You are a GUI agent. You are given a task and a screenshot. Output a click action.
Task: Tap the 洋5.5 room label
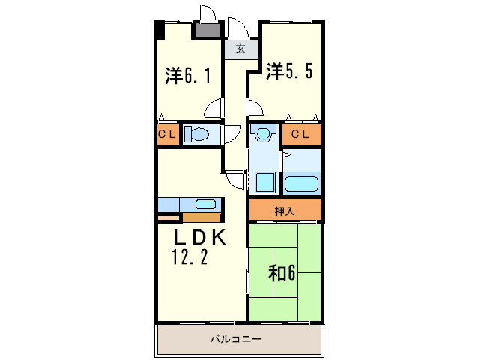pos(288,72)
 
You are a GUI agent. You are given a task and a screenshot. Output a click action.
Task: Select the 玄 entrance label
pos(240,50)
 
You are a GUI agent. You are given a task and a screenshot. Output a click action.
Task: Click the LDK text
pos(199,237)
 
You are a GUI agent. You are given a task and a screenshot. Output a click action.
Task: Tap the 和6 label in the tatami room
pos(282,271)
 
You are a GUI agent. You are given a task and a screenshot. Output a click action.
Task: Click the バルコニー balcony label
pos(235,339)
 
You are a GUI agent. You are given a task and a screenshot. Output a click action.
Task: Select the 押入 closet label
pos(285,211)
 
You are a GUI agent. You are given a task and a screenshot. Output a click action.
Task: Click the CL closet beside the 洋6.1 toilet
pos(167,134)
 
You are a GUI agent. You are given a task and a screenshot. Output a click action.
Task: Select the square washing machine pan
pos(264,182)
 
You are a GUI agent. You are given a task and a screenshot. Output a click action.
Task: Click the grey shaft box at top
pos(207,31)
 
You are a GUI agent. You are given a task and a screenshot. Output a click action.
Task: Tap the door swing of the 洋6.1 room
pos(214,109)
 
